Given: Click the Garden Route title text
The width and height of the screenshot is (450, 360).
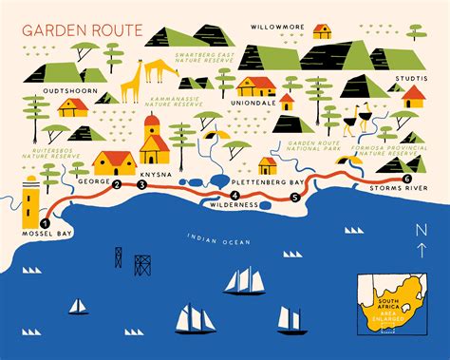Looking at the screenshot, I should coord(70,28).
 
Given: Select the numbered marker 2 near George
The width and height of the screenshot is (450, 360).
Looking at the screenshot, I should coord(117,185).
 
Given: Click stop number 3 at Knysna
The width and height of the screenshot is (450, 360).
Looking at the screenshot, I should coord(141,185).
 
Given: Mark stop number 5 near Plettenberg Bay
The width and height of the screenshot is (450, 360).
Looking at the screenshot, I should coord(294,198).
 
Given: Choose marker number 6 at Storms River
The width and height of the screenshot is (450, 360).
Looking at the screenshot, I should coord(407,179).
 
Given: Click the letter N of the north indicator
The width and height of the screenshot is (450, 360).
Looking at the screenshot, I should coord(421,231).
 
